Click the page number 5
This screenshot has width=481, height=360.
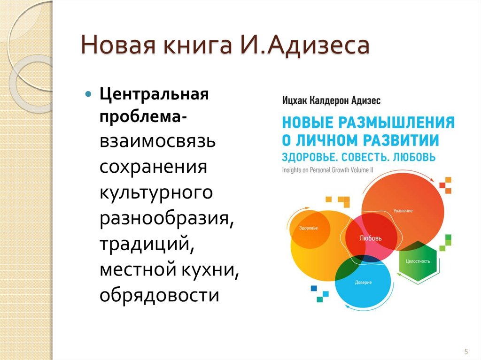(465, 351)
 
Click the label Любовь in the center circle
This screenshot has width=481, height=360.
(370, 238)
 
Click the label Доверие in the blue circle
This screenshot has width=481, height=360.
(364, 283)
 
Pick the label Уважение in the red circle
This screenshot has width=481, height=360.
(403, 211)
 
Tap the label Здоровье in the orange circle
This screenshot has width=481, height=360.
(308, 228)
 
